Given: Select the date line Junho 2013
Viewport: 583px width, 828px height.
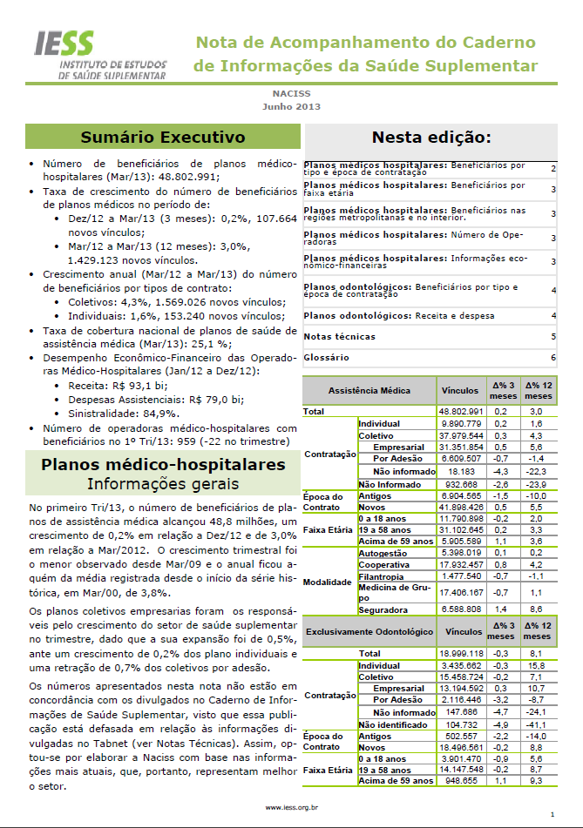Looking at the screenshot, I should tap(291, 107).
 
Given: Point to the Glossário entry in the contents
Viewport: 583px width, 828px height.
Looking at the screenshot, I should tap(326, 357).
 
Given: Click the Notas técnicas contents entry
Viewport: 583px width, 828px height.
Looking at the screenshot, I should tap(340, 336).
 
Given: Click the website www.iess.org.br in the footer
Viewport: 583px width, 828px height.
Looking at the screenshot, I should tap(291, 807).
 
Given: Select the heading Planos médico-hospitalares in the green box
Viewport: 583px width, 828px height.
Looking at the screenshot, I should tap(164, 465).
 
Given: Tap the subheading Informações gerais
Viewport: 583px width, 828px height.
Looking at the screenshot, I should tap(164, 483).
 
